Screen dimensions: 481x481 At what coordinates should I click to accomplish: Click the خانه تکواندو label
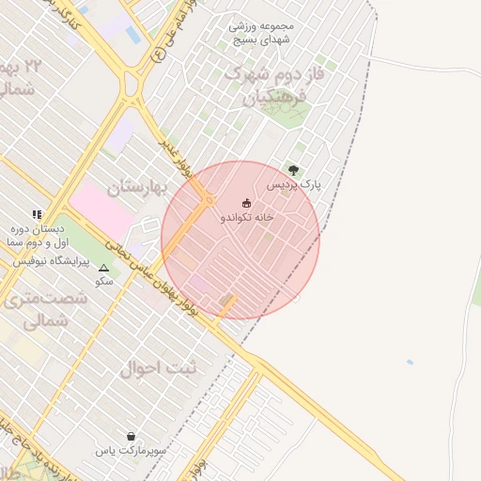coord(247,217)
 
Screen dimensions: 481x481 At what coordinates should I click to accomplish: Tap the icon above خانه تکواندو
coord(247,203)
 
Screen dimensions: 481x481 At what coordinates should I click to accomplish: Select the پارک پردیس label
coord(293,185)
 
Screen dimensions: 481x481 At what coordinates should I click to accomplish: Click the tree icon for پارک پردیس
coord(293,171)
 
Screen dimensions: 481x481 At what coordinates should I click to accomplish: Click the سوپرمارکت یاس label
coord(131,451)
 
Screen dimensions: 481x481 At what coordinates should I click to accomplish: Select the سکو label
coord(103,281)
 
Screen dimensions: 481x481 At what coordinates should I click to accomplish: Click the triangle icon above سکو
coord(103,269)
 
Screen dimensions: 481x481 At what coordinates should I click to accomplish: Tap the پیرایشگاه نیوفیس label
coord(49,259)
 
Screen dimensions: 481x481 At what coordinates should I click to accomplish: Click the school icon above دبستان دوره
coord(37,215)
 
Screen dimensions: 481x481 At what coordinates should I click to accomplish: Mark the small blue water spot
coord(410,362)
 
